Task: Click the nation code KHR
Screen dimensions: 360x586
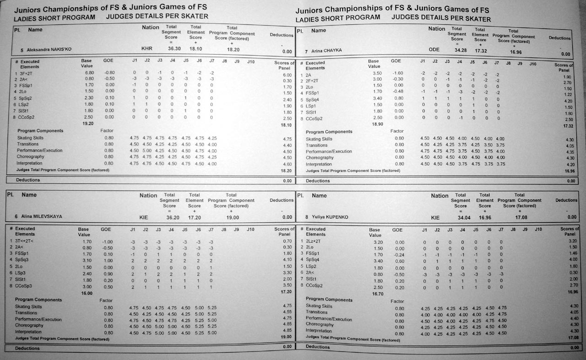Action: pyautogui.click(x=147, y=48)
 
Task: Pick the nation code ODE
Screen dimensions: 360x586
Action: pyautogui.click(x=434, y=50)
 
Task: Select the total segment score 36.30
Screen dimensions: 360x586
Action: pyautogui.click(x=174, y=48)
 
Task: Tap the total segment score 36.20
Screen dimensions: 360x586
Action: pyautogui.click(x=170, y=217)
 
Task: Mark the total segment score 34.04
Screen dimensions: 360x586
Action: pyautogui.click(x=460, y=218)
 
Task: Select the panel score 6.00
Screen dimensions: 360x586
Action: pyautogui.click(x=287, y=75)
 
